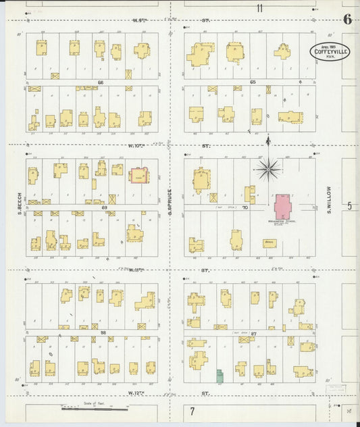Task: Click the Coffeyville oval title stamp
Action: pos(330,51)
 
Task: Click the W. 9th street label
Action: pos(140,21)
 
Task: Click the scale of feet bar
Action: pos(95,409)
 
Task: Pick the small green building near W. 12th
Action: pos(220,375)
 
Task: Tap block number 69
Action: pos(105,208)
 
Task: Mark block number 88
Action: pos(104,333)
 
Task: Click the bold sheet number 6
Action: pos(347,18)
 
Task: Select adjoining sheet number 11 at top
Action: pos(259,8)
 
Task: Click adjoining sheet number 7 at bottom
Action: pos(192,411)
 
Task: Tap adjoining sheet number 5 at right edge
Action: pos(350,205)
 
